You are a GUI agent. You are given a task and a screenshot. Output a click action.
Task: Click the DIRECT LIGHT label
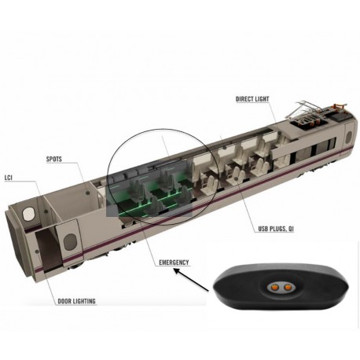(252, 99)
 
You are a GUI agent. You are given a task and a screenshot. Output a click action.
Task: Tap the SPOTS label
(54, 159)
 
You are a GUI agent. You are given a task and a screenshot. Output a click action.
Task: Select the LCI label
(9, 178)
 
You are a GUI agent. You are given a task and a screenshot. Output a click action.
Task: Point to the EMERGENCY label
(174, 263)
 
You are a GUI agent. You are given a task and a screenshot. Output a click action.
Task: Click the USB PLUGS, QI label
(276, 229)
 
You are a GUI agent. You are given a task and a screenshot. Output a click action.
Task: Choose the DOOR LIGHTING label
(76, 301)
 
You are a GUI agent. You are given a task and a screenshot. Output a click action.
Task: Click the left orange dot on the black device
(275, 288)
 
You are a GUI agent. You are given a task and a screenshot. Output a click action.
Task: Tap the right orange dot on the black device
(288, 288)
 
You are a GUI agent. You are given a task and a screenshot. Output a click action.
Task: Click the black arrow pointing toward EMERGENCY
(191, 280)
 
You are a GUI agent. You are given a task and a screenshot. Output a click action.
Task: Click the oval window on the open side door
(70, 241)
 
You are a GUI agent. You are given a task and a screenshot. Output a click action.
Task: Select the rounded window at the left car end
(28, 214)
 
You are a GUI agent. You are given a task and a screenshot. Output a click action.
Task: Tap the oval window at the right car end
(349, 137)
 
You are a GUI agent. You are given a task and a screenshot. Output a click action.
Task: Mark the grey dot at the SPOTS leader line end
(88, 193)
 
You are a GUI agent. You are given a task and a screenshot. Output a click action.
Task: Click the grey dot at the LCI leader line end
(46, 211)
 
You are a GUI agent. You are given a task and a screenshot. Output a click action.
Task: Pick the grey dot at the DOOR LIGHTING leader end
(37, 252)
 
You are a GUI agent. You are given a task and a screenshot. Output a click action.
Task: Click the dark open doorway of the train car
(47, 249)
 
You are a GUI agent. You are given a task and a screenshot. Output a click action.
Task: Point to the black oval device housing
(281, 288)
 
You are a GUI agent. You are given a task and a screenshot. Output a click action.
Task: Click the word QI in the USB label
(291, 229)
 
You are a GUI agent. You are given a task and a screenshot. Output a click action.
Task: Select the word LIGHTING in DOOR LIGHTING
(84, 301)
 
